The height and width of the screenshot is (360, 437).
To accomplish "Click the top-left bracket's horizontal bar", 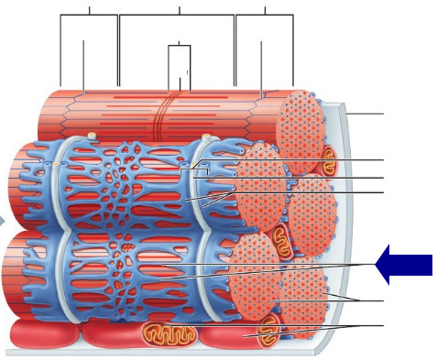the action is point(89,16).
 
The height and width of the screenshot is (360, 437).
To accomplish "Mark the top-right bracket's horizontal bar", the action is point(265,16).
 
